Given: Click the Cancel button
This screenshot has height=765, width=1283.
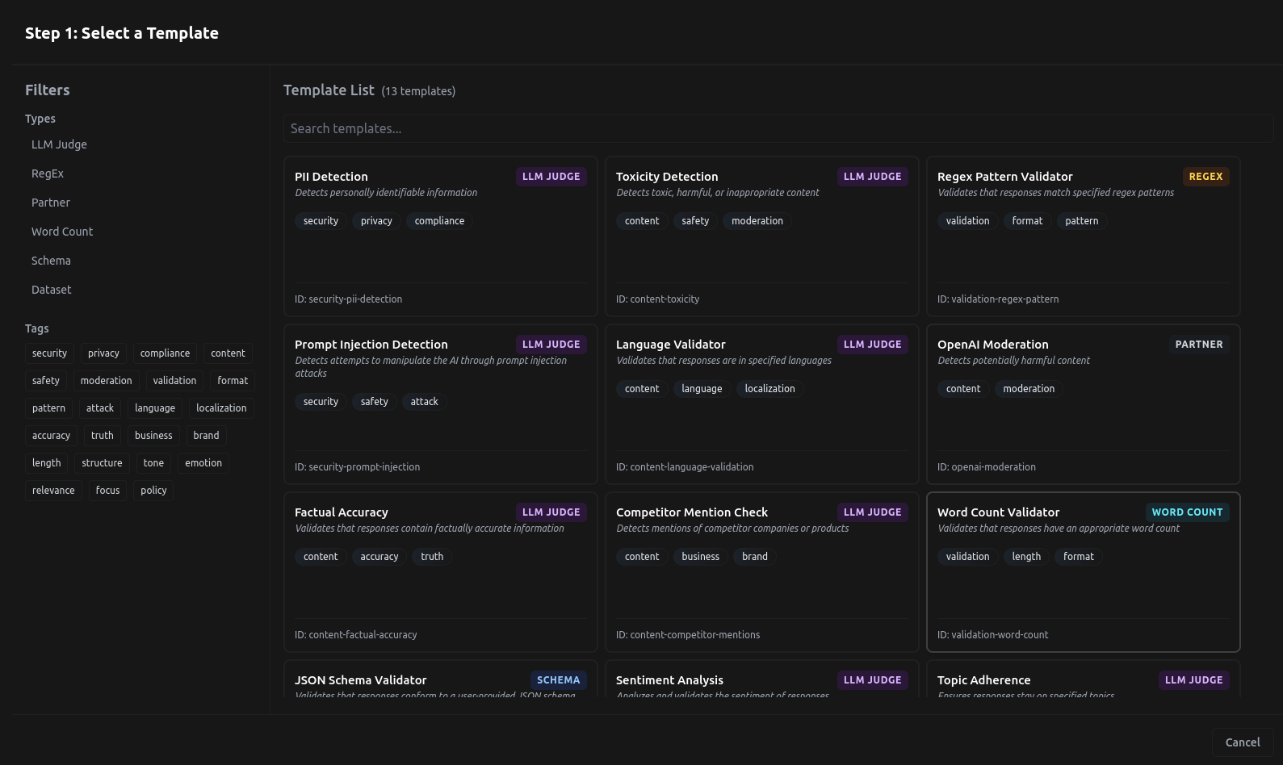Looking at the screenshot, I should pyautogui.click(x=1242, y=742).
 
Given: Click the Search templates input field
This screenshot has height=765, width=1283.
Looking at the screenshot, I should pyautogui.click(x=778, y=128).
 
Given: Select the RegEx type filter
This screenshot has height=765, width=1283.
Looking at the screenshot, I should pyautogui.click(x=48, y=173).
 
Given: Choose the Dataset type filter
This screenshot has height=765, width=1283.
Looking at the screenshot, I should pyautogui.click(x=52, y=290).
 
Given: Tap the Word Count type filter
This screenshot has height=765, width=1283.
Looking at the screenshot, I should pyautogui.click(x=62, y=232).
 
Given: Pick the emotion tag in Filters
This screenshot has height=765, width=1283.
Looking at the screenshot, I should pyautogui.click(x=203, y=463).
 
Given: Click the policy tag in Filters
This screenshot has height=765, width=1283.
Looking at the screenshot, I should pyautogui.click(x=153, y=491).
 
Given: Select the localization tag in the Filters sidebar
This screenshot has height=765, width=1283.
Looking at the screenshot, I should pyautogui.click(x=221, y=408).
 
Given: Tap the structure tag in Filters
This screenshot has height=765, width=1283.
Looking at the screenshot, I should pyautogui.click(x=102, y=463).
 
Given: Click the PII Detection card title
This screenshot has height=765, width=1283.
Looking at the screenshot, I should pyautogui.click(x=331, y=177).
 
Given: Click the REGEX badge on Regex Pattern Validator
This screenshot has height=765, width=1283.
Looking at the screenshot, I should pyautogui.click(x=1205, y=177).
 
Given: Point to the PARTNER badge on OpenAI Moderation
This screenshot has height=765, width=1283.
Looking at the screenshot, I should pyautogui.click(x=1198, y=345).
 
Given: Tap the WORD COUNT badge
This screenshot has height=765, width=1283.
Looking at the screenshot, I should pyautogui.click(x=1187, y=512).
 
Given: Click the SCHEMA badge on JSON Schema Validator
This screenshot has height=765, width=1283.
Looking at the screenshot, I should pyautogui.click(x=558, y=680).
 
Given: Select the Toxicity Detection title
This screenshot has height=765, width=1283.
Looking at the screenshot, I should pyautogui.click(x=667, y=177).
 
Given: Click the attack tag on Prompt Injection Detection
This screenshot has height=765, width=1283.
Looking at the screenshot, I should pyautogui.click(x=424, y=402).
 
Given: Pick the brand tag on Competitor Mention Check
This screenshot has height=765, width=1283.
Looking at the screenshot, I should pyautogui.click(x=755, y=557).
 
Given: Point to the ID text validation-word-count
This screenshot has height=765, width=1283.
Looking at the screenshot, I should pyautogui.click(x=992, y=635).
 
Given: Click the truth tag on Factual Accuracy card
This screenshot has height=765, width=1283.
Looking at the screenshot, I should pyautogui.click(x=432, y=557).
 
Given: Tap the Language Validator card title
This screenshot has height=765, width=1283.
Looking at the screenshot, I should pyautogui.click(x=670, y=345).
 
